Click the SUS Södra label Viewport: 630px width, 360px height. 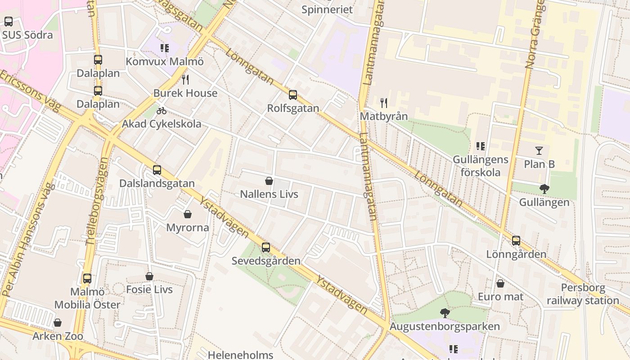pyautogui.click(x=27, y=35)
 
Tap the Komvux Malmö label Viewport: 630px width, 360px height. pyautogui.click(x=165, y=61)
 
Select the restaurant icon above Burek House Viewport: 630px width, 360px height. pyautogui.click(x=185, y=80)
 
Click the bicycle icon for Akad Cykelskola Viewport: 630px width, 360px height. pyautogui.click(x=162, y=110)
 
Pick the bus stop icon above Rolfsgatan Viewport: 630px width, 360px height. pyautogui.click(x=293, y=95)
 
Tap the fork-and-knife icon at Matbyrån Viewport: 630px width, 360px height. pyautogui.click(x=384, y=103)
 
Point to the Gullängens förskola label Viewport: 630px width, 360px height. pyautogui.click(x=480, y=166)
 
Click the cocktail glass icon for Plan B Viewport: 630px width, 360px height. pyautogui.click(x=539, y=151)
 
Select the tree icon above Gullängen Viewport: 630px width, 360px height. pyautogui.click(x=544, y=189)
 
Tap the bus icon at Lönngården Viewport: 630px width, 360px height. pyautogui.click(x=516, y=241)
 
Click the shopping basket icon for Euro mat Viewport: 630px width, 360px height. pyautogui.click(x=500, y=283)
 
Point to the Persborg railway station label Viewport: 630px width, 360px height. pyautogui.click(x=583, y=294)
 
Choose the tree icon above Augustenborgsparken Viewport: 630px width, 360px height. pyautogui.click(x=445, y=313)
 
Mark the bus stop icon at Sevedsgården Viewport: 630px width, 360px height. pyautogui.click(x=266, y=247)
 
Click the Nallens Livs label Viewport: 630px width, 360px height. pyautogui.click(x=269, y=194)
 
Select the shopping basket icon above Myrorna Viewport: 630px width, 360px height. pyautogui.click(x=188, y=214)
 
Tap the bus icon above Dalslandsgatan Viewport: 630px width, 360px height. pyautogui.click(x=157, y=170)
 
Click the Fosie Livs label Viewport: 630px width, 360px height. pyautogui.click(x=149, y=289)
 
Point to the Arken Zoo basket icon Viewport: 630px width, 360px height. pyautogui.click(x=58, y=323)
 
